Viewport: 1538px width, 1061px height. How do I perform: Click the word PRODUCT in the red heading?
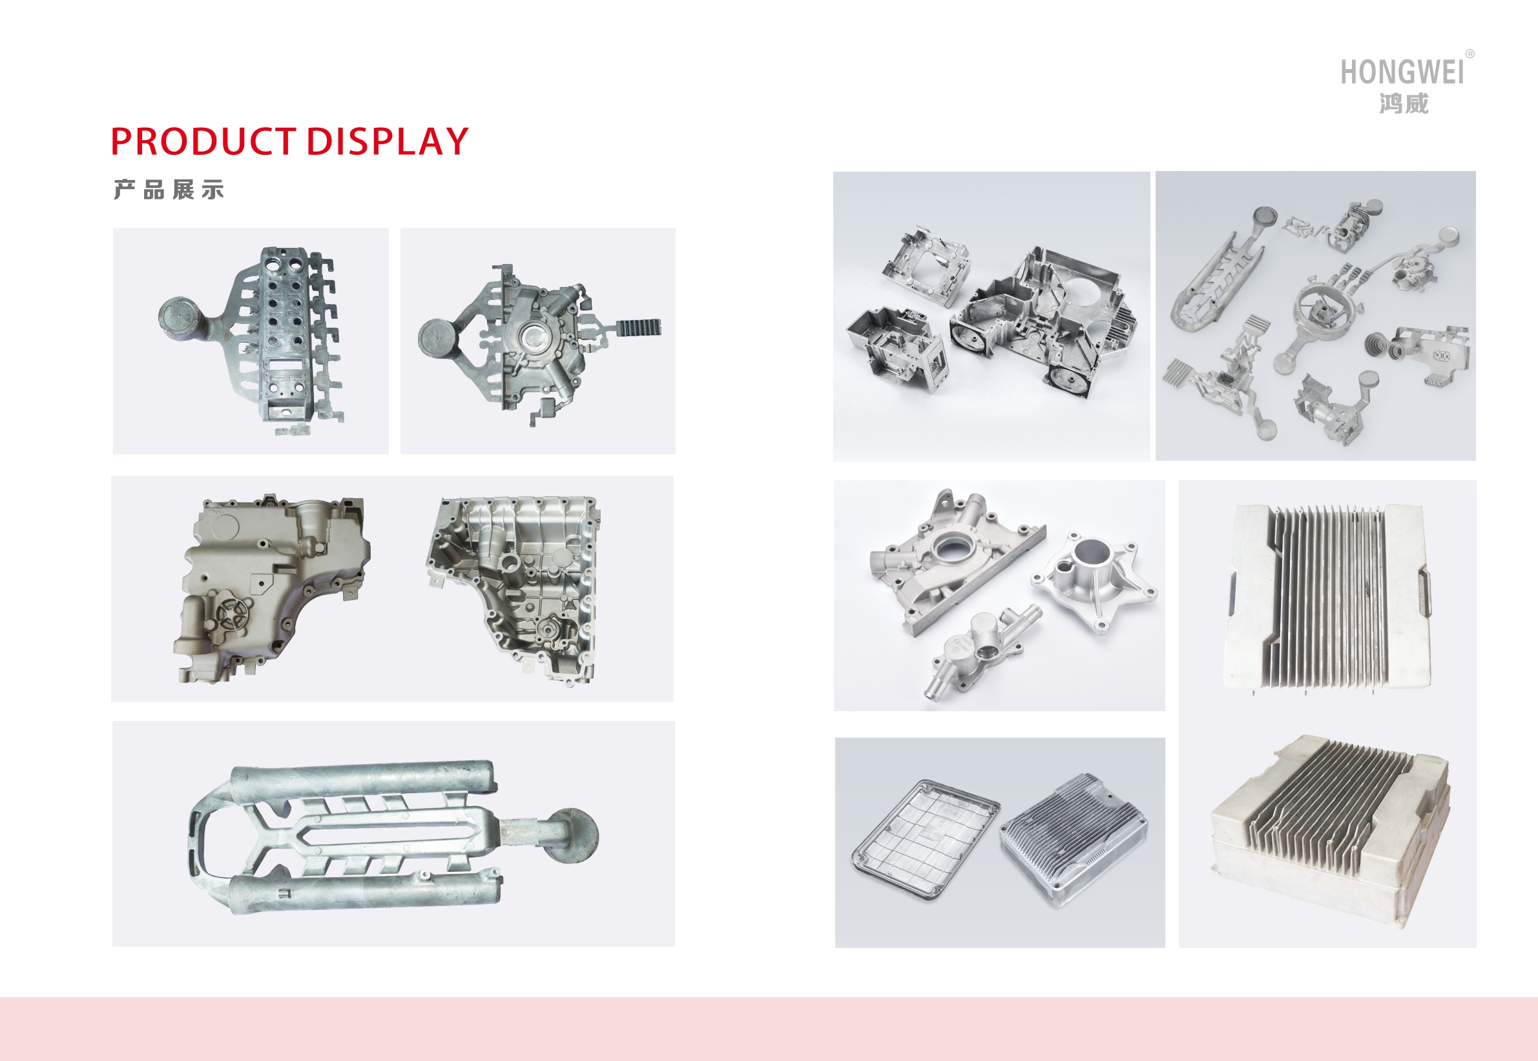coord(203,141)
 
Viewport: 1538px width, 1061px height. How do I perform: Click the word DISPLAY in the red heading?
coord(387,141)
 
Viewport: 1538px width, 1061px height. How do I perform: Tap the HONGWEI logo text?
coord(1402,72)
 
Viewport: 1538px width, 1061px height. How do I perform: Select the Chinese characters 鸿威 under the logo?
coord(1404,104)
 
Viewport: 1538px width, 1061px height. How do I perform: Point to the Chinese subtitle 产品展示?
coord(169,190)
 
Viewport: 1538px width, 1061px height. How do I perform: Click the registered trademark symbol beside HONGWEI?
coord(1470,54)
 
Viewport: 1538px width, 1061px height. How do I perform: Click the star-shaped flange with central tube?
coord(1094,579)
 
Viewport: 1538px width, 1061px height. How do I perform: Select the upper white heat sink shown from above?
coord(1327,598)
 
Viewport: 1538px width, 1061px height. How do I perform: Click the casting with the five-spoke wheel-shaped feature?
coord(271,589)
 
